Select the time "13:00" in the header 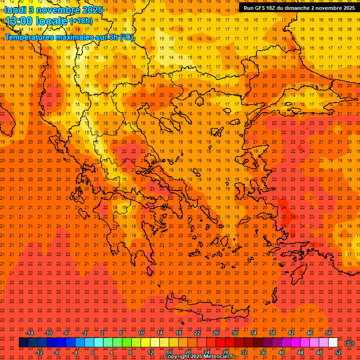point(21,21)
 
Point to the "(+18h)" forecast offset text point(81,21)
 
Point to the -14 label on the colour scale point(30,333)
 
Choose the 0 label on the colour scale point(93,352)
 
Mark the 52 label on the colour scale point(338,352)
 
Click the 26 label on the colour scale point(216,333)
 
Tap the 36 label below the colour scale point(263,352)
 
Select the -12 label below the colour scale point(39,352)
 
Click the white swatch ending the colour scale point(333,343)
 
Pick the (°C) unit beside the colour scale point(349,343)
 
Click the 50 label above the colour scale point(329,333)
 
